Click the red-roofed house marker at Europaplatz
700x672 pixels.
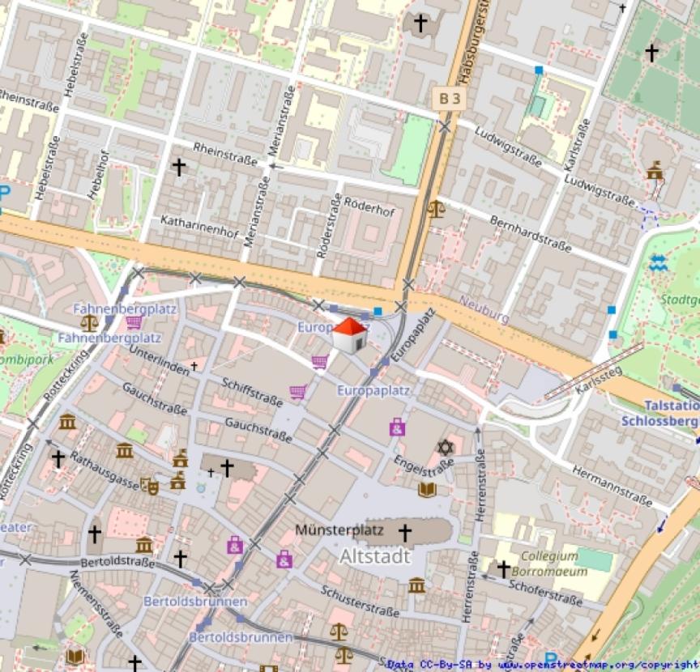[350, 335]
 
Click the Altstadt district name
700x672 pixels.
[374, 557]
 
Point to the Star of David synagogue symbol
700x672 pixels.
[443, 447]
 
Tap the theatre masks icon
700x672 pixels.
[149, 485]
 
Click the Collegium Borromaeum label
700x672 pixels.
[549, 563]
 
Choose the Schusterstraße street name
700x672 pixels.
[357, 604]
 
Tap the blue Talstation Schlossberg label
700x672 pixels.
[659, 413]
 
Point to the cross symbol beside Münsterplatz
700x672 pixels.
[404, 533]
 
